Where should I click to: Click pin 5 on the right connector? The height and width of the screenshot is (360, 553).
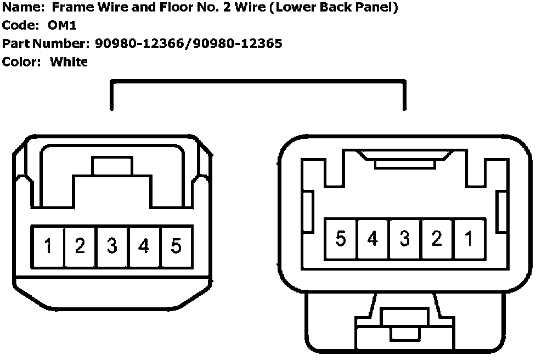click(341, 239)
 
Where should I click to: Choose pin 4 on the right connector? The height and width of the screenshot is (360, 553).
click(373, 239)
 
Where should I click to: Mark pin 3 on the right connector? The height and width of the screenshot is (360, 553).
click(404, 239)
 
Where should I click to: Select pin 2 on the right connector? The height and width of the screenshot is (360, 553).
click(437, 239)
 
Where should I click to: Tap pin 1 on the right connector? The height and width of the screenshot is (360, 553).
click(469, 239)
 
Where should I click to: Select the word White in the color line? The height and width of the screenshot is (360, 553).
click(69, 61)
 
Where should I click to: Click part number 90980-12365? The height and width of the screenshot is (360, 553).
click(238, 43)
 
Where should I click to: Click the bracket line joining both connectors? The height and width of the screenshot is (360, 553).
click(258, 82)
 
